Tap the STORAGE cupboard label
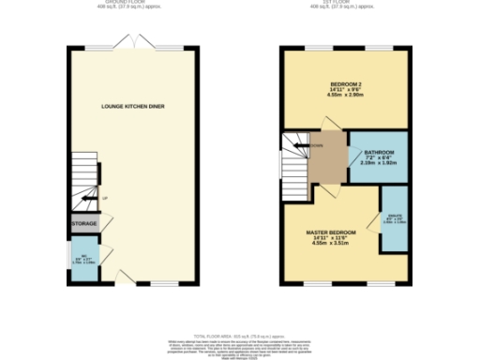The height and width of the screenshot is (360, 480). pyautogui.click(x=85, y=224)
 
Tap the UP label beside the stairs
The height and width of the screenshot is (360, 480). pyautogui.click(x=105, y=198)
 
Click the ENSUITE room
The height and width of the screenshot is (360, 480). pyautogui.click(x=394, y=218)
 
